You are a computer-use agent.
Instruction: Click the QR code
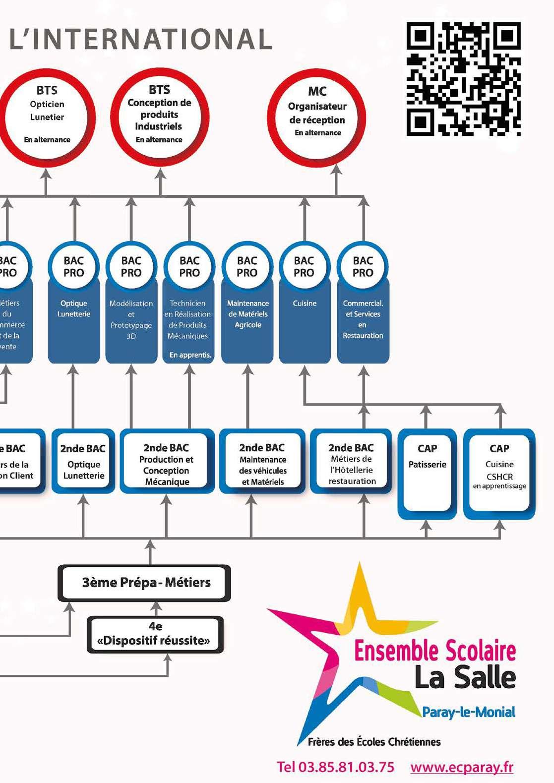click(x=463, y=79)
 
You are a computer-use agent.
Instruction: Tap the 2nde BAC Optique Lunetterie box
click(x=83, y=462)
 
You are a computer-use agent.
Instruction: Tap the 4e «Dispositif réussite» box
click(x=155, y=635)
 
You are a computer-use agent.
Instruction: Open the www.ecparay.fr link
click(x=462, y=767)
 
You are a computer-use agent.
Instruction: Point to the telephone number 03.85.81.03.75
click(x=336, y=767)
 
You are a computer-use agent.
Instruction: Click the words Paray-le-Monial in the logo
click(x=468, y=713)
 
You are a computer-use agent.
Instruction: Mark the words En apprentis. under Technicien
click(x=190, y=355)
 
